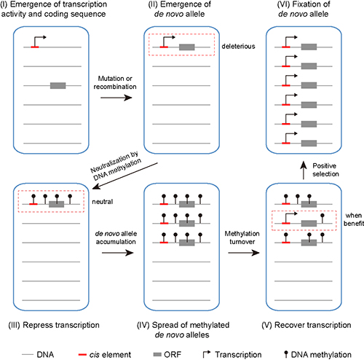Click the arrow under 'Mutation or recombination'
click(116, 98)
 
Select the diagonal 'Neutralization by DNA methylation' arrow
click(125, 176)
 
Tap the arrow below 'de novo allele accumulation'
click(118, 253)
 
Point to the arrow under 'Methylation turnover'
click(244, 253)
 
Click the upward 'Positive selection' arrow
click(304, 171)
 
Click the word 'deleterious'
click(238, 47)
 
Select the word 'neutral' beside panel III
click(103, 202)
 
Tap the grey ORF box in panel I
click(58, 85)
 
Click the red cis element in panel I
click(35, 47)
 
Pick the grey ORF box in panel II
click(187, 47)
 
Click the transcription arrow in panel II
click(169, 41)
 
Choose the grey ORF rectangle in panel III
click(56, 204)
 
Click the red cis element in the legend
click(82, 355)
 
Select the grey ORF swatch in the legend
click(157, 355)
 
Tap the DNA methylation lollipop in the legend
click(286, 354)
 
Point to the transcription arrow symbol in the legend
click(207, 354)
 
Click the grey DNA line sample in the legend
click(28, 355)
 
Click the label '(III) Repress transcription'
click(54, 325)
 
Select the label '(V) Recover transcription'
click(306, 325)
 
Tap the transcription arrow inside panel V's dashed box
click(291, 218)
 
